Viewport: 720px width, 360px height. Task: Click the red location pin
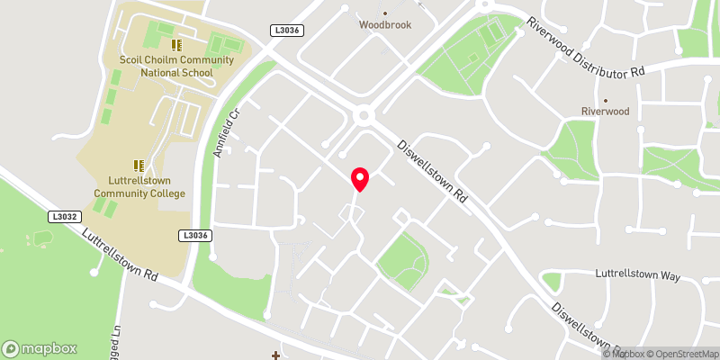point(360,178)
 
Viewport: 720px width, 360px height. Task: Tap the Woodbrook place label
point(384,25)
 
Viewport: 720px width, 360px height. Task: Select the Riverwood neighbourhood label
point(605,112)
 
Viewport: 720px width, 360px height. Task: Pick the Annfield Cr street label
point(226,134)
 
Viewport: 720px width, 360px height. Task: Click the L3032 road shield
point(65,217)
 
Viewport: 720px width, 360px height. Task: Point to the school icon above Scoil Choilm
point(176,44)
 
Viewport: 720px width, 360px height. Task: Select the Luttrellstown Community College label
point(139,187)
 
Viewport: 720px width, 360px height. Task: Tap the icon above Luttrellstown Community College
point(139,166)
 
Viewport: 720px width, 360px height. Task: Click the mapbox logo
point(40,348)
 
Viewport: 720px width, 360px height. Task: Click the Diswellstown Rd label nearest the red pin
point(435,171)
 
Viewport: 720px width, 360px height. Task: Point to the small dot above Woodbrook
point(385,13)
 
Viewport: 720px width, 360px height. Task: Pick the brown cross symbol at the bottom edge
point(275,355)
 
